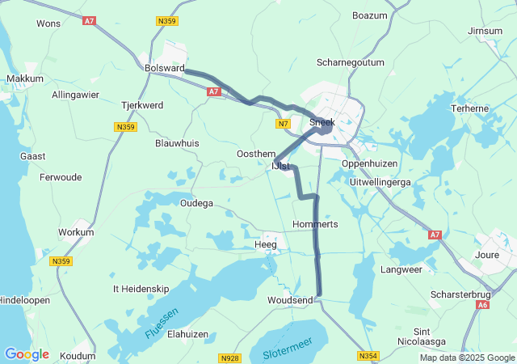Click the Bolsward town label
pos(164,68)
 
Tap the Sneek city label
pos(323,122)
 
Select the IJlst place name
pos(279,167)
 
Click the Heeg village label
pos(265,243)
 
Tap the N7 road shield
pos(282,124)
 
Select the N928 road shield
pos(229,357)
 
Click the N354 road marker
pos(368,356)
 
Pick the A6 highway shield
pos(483,305)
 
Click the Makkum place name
pos(24,78)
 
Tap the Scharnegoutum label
pos(349,62)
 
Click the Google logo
pos(27,354)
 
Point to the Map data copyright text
pos(466,358)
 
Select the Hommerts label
pos(315,223)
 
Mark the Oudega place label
pos(196,203)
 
